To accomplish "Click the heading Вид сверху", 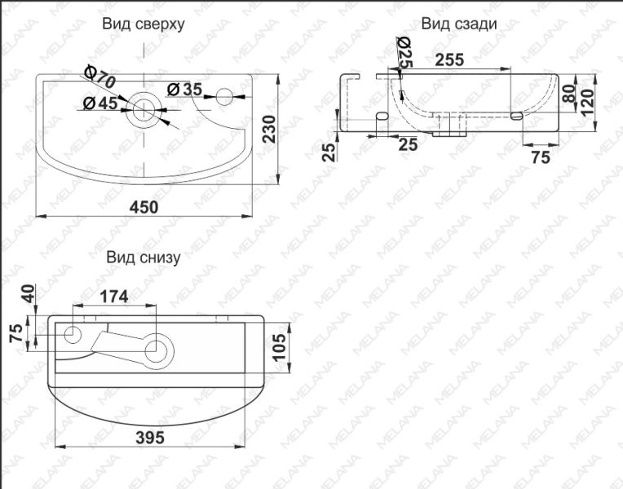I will [x=144, y=24].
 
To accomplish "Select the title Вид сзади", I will [x=458, y=24].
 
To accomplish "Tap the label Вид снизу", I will [x=144, y=257].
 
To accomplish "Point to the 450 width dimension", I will [x=144, y=207].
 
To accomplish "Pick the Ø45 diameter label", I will [x=100, y=103].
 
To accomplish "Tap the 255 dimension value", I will [x=450, y=59].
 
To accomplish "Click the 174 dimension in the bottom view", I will [x=114, y=297].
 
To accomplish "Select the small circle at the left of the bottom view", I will [x=73, y=333].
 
